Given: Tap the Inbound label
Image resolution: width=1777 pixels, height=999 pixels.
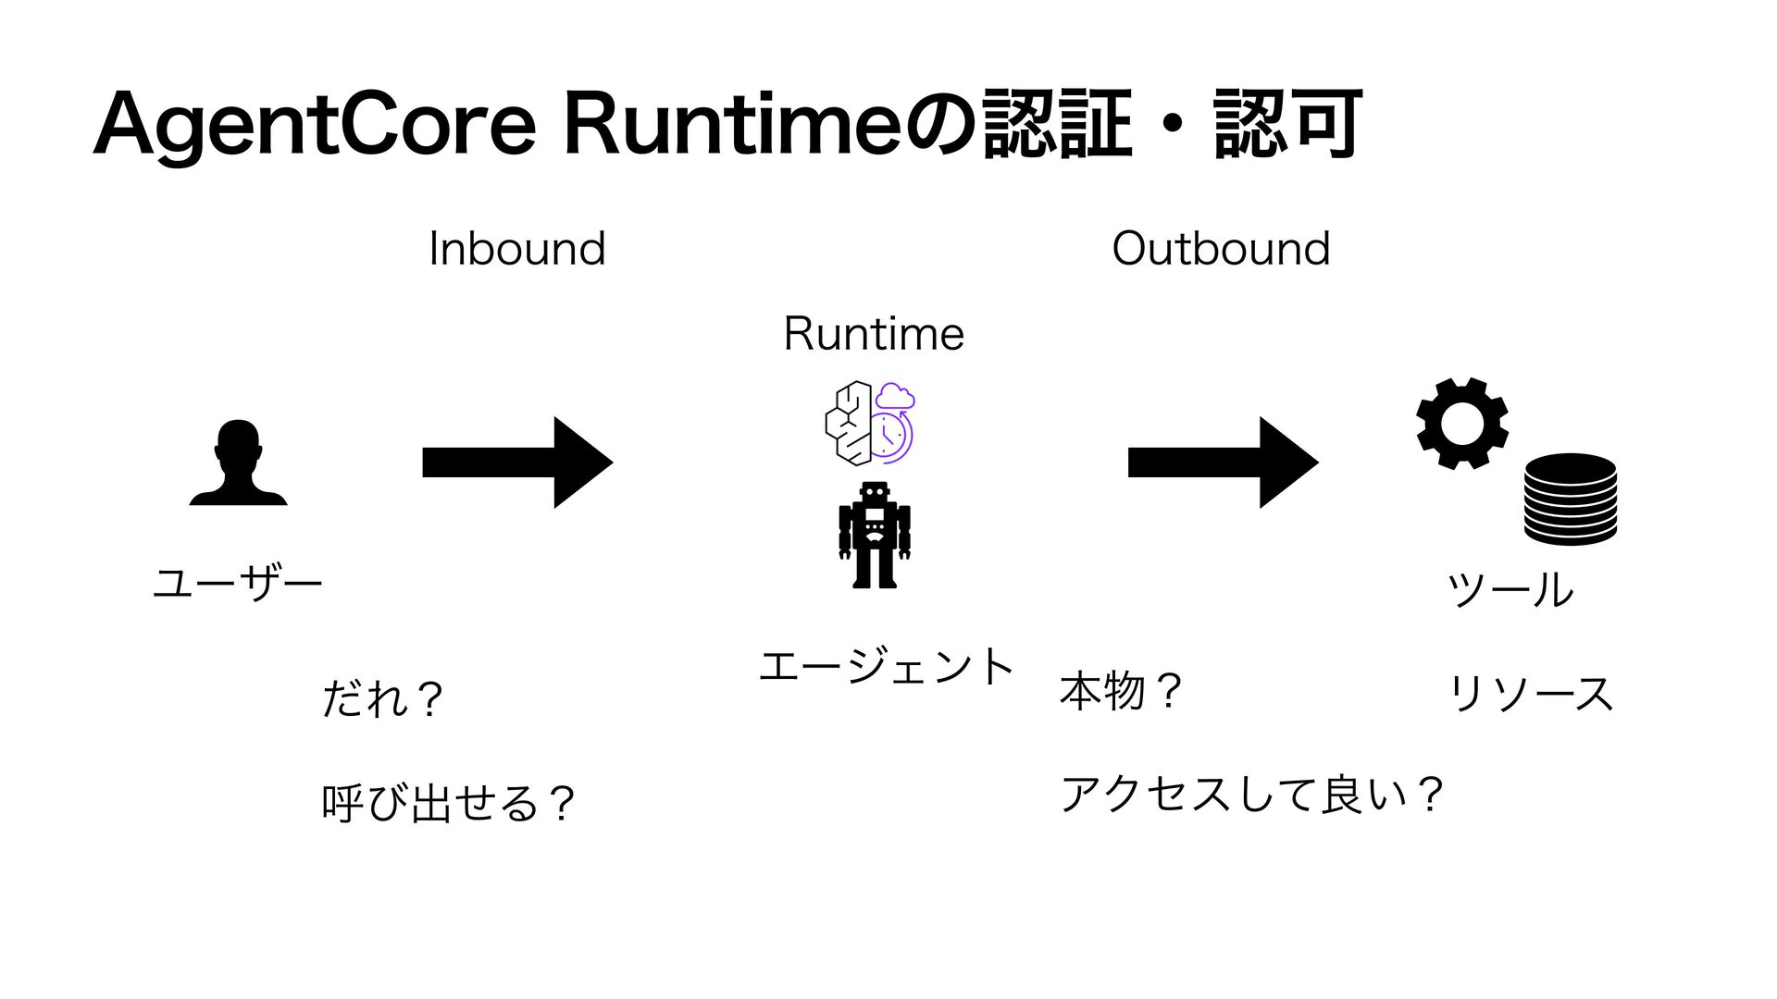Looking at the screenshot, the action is [x=517, y=249].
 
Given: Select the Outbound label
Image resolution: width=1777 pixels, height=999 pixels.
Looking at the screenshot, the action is [x=1221, y=249].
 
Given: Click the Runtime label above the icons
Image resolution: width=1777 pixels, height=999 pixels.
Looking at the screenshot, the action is [x=874, y=334].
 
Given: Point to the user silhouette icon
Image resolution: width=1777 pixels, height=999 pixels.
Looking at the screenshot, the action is [x=239, y=462].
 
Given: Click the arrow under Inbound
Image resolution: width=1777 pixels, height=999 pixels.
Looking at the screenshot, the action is [x=517, y=462].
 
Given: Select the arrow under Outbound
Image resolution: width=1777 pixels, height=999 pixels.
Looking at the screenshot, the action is [x=1223, y=462].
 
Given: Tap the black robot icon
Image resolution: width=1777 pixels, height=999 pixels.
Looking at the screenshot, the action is [x=875, y=535].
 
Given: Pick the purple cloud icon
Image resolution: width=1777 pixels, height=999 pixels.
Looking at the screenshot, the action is [x=896, y=396].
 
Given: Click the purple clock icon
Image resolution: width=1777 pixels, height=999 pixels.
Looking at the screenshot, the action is [x=892, y=435].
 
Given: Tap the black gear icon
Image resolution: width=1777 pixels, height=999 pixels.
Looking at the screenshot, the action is [x=1462, y=424].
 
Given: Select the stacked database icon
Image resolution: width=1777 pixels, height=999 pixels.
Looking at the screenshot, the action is [x=1570, y=499].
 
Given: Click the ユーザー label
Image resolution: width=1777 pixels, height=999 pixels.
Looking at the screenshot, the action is [x=238, y=584].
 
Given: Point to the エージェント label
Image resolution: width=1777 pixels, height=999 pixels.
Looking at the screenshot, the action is [x=887, y=667].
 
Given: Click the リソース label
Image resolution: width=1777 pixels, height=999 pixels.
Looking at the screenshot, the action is [x=1531, y=693].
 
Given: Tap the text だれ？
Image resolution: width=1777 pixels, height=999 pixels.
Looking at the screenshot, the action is [x=382, y=699].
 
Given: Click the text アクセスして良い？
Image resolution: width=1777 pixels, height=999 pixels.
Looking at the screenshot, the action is [x=1252, y=795].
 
